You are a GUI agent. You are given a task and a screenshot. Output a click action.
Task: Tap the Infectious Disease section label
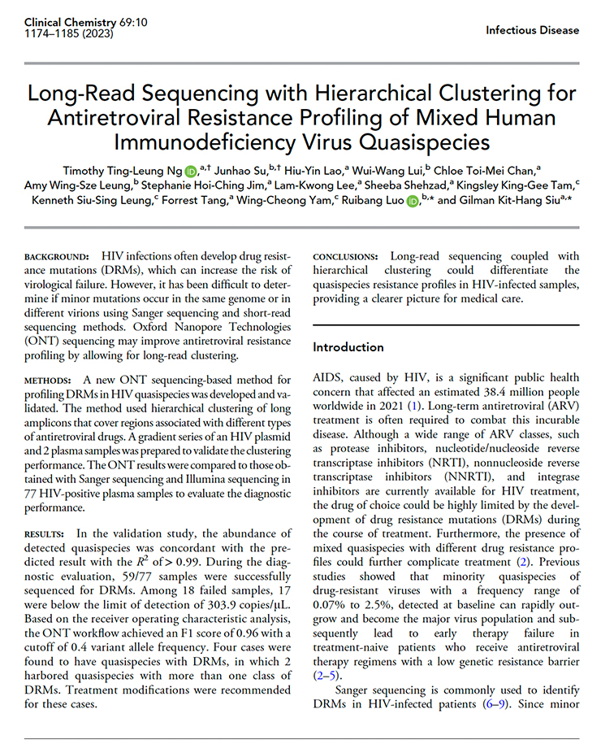pos(532,30)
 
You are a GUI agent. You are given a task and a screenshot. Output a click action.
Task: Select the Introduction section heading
pos(348,347)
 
